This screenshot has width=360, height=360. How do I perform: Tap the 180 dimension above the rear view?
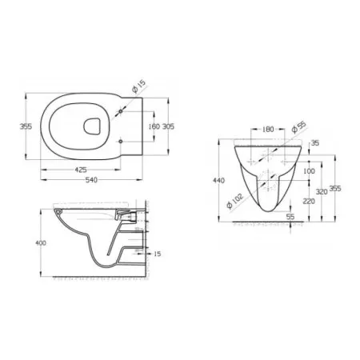[x=267, y=127]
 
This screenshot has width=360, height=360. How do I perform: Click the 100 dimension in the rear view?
[x=309, y=170]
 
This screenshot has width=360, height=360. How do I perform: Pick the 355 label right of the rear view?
[x=337, y=189]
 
